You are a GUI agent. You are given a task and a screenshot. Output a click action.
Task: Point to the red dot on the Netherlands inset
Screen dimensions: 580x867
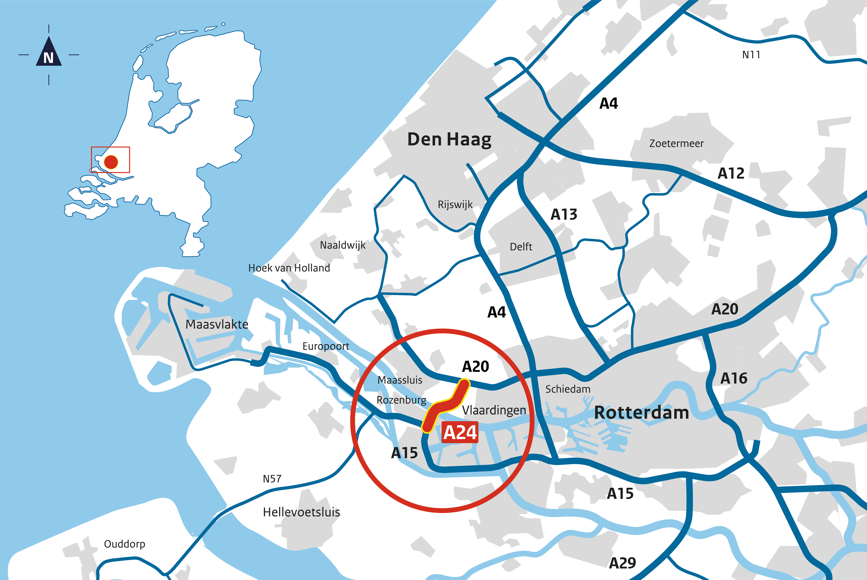[111, 162]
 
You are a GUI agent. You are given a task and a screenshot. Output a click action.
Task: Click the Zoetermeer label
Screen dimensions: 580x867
[676, 143]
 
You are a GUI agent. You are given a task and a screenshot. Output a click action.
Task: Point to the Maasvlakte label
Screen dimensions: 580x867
[217, 324]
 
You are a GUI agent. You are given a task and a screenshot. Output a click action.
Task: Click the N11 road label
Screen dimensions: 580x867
[751, 55]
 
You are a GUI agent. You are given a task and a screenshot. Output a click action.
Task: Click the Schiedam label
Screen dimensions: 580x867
[568, 389]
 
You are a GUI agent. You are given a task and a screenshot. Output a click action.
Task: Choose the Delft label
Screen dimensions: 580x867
[521, 247]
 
